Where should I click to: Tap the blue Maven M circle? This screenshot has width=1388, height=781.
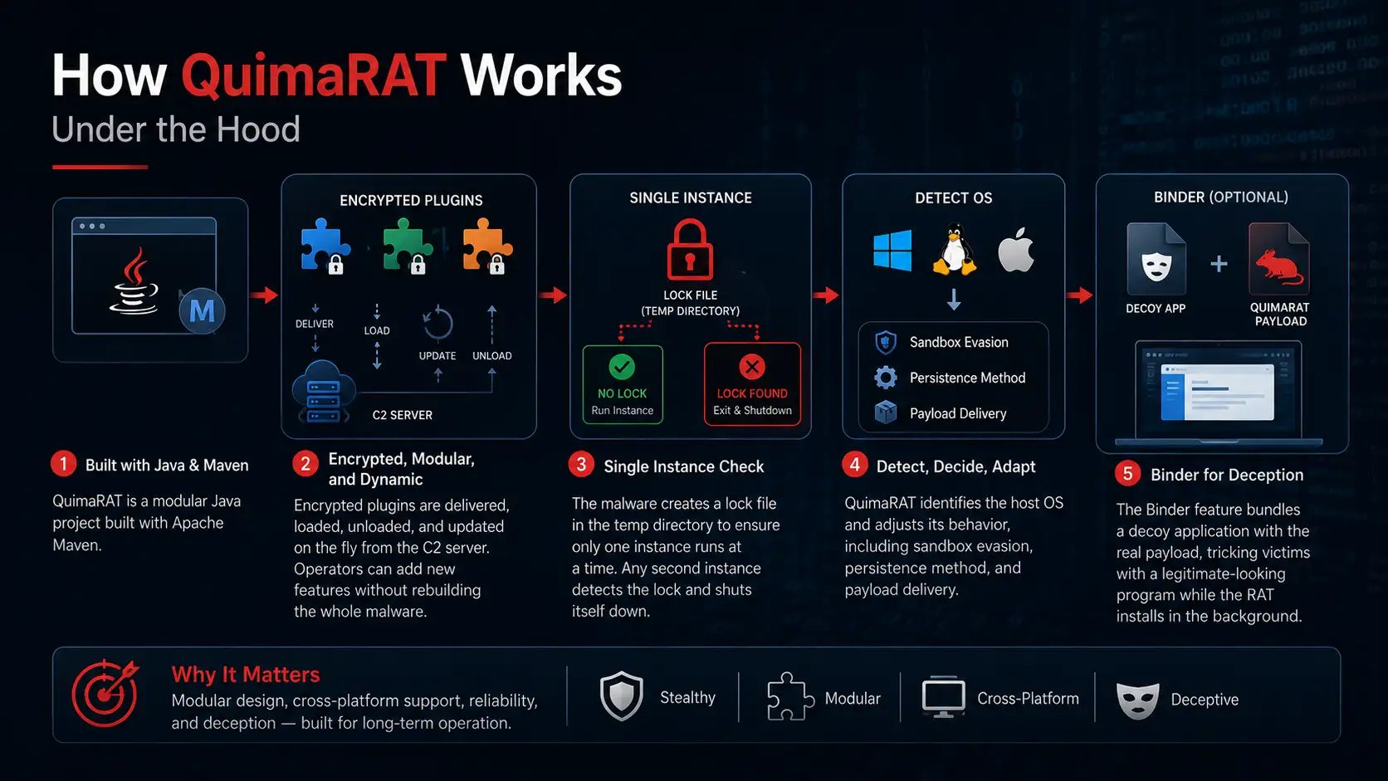[202, 311]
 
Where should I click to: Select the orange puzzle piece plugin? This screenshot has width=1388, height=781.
[487, 246]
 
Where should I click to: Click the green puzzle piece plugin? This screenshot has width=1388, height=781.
[407, 246]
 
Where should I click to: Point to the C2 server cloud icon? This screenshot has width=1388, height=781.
[324, 392]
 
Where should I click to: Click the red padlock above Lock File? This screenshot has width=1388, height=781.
[690, 250]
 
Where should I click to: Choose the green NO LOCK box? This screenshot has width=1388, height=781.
[623, 384]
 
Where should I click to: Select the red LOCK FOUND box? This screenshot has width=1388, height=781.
[752, 384]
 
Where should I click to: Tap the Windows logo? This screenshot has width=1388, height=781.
[892, 250]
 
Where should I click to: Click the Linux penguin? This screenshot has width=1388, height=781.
[955, 249]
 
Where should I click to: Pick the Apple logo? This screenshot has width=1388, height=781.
[1016, 250]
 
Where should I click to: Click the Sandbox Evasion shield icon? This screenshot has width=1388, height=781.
[886, 343]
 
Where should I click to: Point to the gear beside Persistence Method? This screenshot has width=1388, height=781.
[886, 378]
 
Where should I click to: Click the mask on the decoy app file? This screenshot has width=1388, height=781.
[1156, 267]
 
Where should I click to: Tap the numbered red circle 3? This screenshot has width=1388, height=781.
[581, 465]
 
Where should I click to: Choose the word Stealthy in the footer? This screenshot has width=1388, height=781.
[687, 698]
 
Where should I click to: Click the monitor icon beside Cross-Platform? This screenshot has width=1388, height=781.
[943, 697]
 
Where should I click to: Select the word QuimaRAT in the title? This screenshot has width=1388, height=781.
[314, 76]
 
